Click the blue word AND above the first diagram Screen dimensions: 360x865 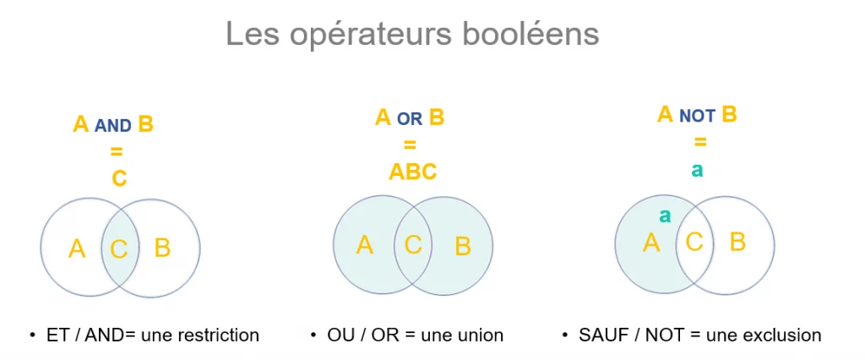(112, 127)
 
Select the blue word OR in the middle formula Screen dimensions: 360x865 (410, 120)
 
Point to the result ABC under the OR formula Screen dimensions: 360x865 (412, 172)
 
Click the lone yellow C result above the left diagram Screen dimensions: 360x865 (119, 179)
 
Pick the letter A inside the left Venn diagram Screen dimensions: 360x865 (77, 248)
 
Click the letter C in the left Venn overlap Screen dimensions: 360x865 (119, 249)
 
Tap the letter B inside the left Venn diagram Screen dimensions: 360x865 (163, 248)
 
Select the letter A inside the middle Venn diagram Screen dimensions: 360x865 (365, 245)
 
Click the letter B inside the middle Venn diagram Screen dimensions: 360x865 (463, 247)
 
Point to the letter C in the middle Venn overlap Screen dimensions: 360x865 (413, 245)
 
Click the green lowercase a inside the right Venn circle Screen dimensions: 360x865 (665, 215)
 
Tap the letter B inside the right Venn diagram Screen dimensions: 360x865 (737, 243)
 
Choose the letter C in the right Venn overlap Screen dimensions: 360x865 (694, 243)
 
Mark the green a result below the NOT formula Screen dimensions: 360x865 (697, 170)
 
